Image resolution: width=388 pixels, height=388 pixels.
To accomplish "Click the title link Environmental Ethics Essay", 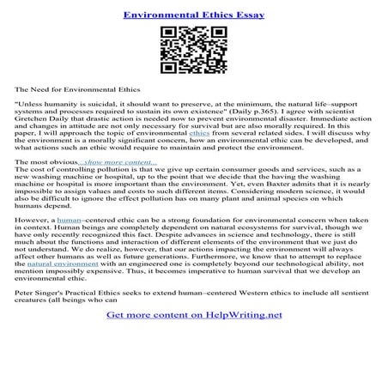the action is (193, 15).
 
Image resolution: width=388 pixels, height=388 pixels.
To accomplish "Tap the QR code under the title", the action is (193, 52).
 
